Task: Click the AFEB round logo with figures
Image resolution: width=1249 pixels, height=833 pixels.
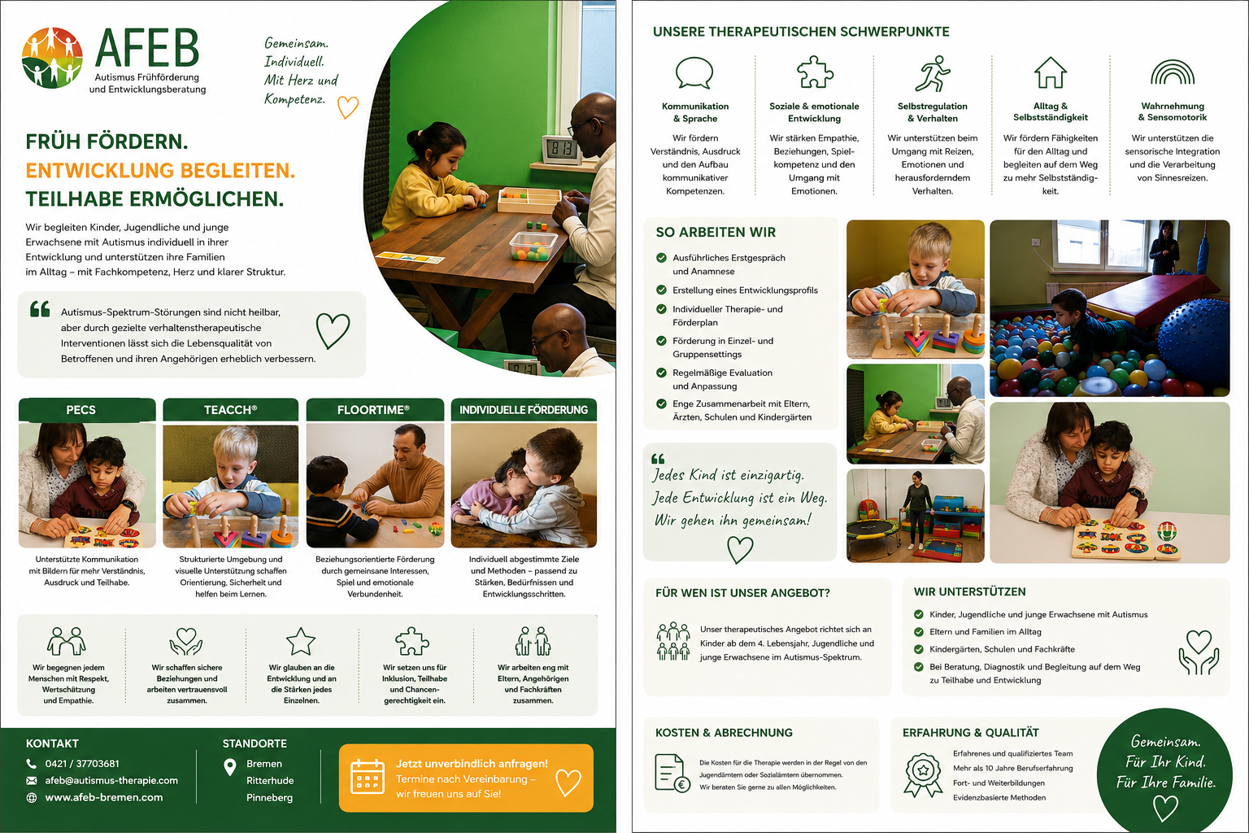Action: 52,58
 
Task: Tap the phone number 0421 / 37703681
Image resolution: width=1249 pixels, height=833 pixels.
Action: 82,763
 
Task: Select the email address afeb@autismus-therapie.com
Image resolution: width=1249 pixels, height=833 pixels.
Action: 111,781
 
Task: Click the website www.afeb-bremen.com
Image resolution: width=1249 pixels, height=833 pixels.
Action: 104,797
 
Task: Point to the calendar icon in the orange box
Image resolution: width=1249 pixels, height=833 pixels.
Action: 368,776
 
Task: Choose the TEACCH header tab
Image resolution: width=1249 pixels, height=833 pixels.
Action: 230,409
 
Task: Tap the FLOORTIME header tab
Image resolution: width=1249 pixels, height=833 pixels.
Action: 375,409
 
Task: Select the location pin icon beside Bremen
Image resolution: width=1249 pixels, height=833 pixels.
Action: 229,767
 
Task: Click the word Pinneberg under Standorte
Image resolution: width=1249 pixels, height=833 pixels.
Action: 269,798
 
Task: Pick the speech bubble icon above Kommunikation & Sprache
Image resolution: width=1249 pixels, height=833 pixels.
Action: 694,73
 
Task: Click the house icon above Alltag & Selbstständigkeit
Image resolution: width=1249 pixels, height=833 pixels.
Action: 1051,72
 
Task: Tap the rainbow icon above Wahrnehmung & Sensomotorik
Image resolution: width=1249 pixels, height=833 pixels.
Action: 1173,72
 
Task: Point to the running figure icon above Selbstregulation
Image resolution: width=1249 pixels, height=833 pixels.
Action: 933,73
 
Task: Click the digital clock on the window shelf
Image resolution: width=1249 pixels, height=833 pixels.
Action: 561,149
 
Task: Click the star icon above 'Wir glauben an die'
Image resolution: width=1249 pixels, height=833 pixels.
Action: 301,641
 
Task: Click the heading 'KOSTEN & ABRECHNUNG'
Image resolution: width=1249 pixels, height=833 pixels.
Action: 724,733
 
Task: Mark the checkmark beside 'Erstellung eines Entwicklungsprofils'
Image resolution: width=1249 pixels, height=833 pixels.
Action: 661,290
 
